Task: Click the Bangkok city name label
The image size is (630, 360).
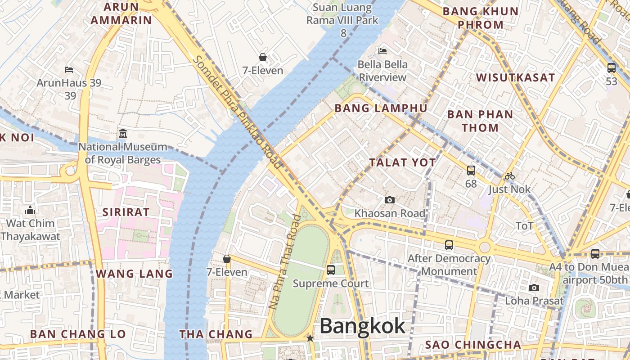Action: point(362,326)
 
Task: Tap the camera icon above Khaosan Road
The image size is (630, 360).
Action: point(390,200)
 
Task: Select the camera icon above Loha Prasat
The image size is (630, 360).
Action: point(534,288)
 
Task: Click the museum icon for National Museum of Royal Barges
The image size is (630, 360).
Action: point(123,134)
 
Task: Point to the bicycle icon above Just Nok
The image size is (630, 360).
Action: point(509,176)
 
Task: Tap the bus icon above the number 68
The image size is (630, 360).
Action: point(471,171)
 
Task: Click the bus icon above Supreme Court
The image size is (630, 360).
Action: point(331,270)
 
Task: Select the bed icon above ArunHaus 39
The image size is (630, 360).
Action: point(69,70)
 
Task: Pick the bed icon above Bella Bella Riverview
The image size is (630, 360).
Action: point(382,51)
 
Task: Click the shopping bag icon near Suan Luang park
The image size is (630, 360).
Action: point(263,57)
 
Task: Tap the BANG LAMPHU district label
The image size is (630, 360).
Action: point(381,108)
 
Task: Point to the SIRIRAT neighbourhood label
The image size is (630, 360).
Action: point(126,212)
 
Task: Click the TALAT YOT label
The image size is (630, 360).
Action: point(403,163)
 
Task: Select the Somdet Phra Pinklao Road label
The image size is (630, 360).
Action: point(238,112)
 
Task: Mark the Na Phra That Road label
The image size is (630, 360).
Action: point(284,262)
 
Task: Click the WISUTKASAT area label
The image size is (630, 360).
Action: point(516,77)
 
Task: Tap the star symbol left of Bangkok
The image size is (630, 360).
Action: point(310,337)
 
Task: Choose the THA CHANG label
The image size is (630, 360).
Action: point(216,334)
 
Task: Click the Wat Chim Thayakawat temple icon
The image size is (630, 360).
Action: point(30,210)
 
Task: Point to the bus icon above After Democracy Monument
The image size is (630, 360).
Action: point(449,245)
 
